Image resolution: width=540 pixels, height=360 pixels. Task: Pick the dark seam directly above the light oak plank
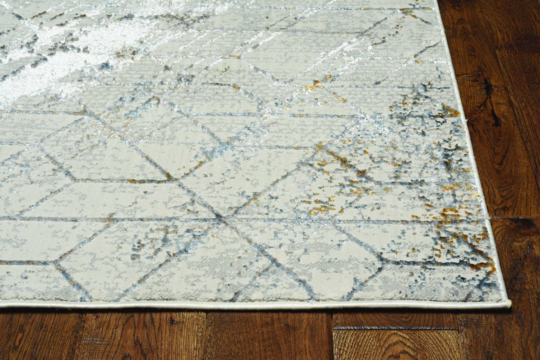396,327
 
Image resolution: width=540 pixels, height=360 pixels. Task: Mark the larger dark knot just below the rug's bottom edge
174,320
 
